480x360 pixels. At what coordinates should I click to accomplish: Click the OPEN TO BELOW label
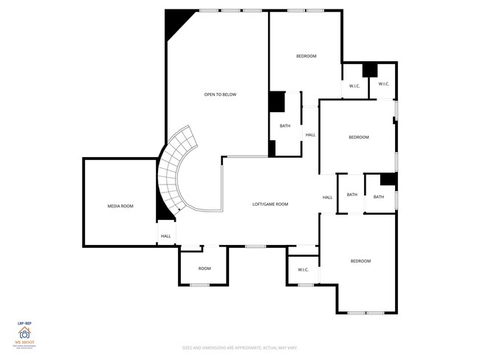219,94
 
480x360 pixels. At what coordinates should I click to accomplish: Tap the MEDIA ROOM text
120,206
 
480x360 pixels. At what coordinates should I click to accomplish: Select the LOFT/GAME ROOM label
270,204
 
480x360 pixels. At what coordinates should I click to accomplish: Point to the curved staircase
175,171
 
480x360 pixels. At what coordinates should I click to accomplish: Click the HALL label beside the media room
166,236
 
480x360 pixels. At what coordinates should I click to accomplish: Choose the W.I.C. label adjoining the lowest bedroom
303,269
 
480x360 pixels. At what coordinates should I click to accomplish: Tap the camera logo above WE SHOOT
24,333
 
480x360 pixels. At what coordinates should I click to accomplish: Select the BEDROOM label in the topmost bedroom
306,56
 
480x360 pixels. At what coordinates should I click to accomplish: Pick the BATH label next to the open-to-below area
285,125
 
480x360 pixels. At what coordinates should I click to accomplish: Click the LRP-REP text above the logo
24,322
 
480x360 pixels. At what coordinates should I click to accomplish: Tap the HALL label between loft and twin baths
327,197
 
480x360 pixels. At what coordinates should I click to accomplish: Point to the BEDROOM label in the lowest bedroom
360,261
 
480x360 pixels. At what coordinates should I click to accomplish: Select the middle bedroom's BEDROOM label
359,137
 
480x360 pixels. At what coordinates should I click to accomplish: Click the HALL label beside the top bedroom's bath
310,134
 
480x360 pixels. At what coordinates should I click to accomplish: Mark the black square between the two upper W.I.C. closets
370,70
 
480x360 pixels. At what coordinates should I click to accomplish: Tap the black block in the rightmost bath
388,180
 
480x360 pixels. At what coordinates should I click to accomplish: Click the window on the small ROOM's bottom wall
199,285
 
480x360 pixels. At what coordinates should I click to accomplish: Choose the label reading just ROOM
205,268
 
